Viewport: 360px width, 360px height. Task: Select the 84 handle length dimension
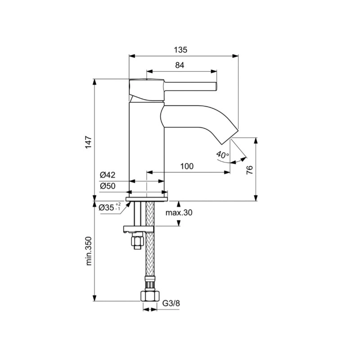(x=180, y=65)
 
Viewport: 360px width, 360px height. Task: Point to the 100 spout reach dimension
(x=187, y=166)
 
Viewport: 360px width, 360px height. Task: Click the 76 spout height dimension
(x=250, y=170)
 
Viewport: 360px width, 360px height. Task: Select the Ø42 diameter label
(x=108, y=175)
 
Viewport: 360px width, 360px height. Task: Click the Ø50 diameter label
(x=108, y=186)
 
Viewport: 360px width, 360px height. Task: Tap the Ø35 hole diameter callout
(x=110, y=208)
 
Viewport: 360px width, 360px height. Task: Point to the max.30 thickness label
(x=178, y=213)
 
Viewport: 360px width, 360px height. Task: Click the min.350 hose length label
(x=89, y=251)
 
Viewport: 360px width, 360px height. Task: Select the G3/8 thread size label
(x=171, y=303)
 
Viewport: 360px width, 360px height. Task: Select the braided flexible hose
(x=150, y=256)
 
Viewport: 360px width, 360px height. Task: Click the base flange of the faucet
(x=147, y=196)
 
